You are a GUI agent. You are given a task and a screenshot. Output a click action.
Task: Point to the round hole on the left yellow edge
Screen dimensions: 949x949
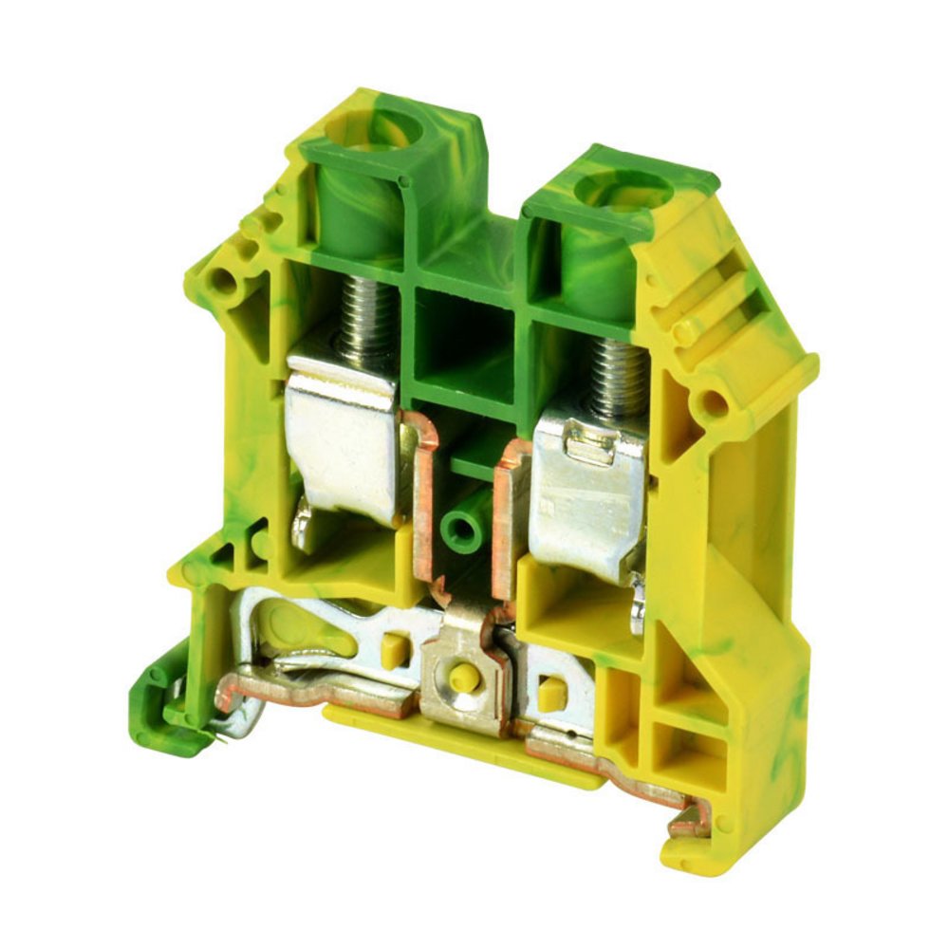coord(225,280)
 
